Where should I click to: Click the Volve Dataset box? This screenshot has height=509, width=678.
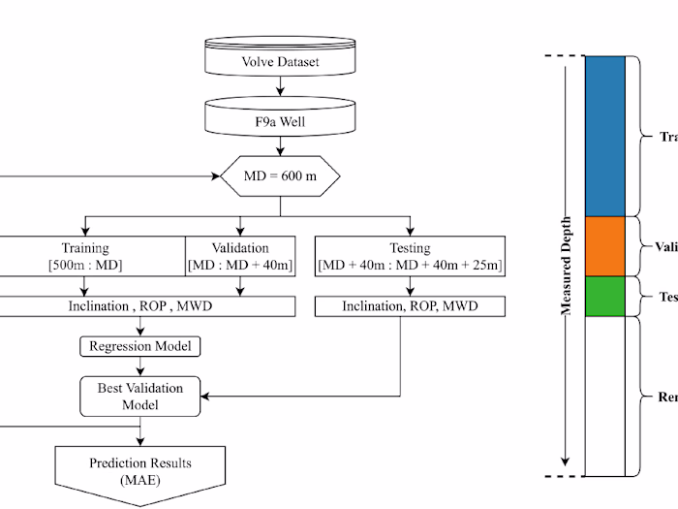(x=279, y=62)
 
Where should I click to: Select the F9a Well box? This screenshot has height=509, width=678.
(x=279, y=124)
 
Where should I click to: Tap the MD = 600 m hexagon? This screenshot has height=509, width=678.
(x=280, y=177)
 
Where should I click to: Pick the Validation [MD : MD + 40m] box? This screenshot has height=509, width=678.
(x=240, y=256)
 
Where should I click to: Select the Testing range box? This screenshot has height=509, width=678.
(x=410, y=256)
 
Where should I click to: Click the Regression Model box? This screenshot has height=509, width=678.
(x=140, y=346)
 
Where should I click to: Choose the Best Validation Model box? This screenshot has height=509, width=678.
(x=140, y=396)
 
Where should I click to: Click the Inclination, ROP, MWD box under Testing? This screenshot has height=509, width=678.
(x=410, y=306)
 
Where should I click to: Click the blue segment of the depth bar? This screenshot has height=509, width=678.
(x=605, y=136)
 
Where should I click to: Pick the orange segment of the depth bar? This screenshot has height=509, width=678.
(x=605, y=246)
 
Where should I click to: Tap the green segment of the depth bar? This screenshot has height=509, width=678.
(x=605, y=296)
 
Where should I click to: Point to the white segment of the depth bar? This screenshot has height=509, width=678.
(x=605, y=396)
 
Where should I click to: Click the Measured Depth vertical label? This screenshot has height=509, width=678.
(x=567, y=266)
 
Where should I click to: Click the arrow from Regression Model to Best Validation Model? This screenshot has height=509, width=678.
(x=140, y=366)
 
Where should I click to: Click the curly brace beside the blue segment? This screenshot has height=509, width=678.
(x=636, y=136)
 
